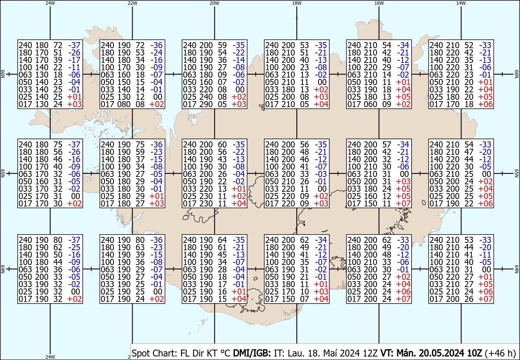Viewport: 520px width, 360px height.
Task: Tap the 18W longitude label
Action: coord(297,3)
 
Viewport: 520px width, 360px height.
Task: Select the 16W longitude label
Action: coord(379,3)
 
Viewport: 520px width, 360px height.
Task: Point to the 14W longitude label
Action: coord(461,3)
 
